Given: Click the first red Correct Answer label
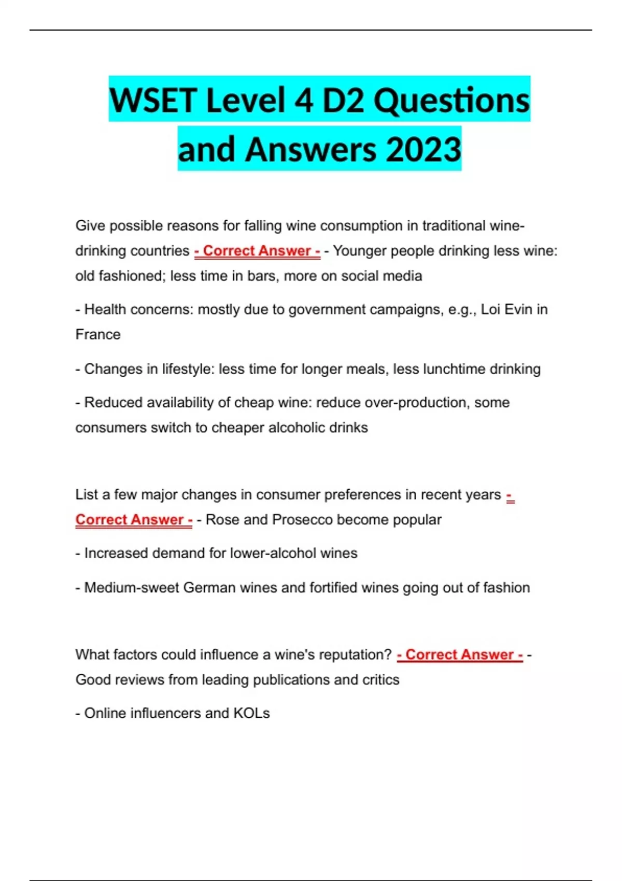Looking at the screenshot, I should click(257, 251).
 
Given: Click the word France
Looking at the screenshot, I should click(98, 334).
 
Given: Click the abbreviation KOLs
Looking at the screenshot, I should click(251, 714).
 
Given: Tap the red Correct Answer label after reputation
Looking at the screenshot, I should click(460, 655).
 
